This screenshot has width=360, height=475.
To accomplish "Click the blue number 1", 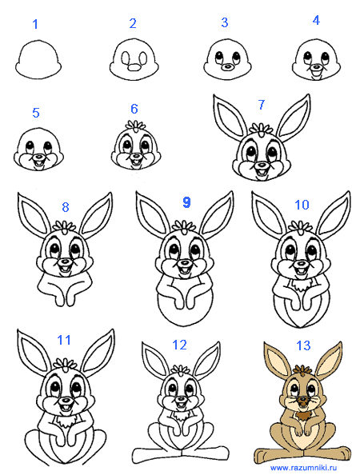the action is click(x=35, y=24).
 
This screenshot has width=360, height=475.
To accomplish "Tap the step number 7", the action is click(x=262, y=105).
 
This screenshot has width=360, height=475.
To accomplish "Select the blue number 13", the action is click(x=303, y=345).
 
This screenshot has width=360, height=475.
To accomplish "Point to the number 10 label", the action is click(x=302, y=205).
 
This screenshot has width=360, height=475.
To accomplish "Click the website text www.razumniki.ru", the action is click(x=304, y=468).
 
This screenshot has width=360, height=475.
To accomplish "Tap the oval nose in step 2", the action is click(x=134, y=67).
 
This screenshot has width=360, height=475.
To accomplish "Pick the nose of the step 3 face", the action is click(x=226, y=67).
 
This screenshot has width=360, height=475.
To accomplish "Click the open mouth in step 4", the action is click(x=316, y=74).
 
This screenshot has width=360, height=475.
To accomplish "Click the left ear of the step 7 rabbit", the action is click(x=229, y=115).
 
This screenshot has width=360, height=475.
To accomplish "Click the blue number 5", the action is click(x=36, y=113).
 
